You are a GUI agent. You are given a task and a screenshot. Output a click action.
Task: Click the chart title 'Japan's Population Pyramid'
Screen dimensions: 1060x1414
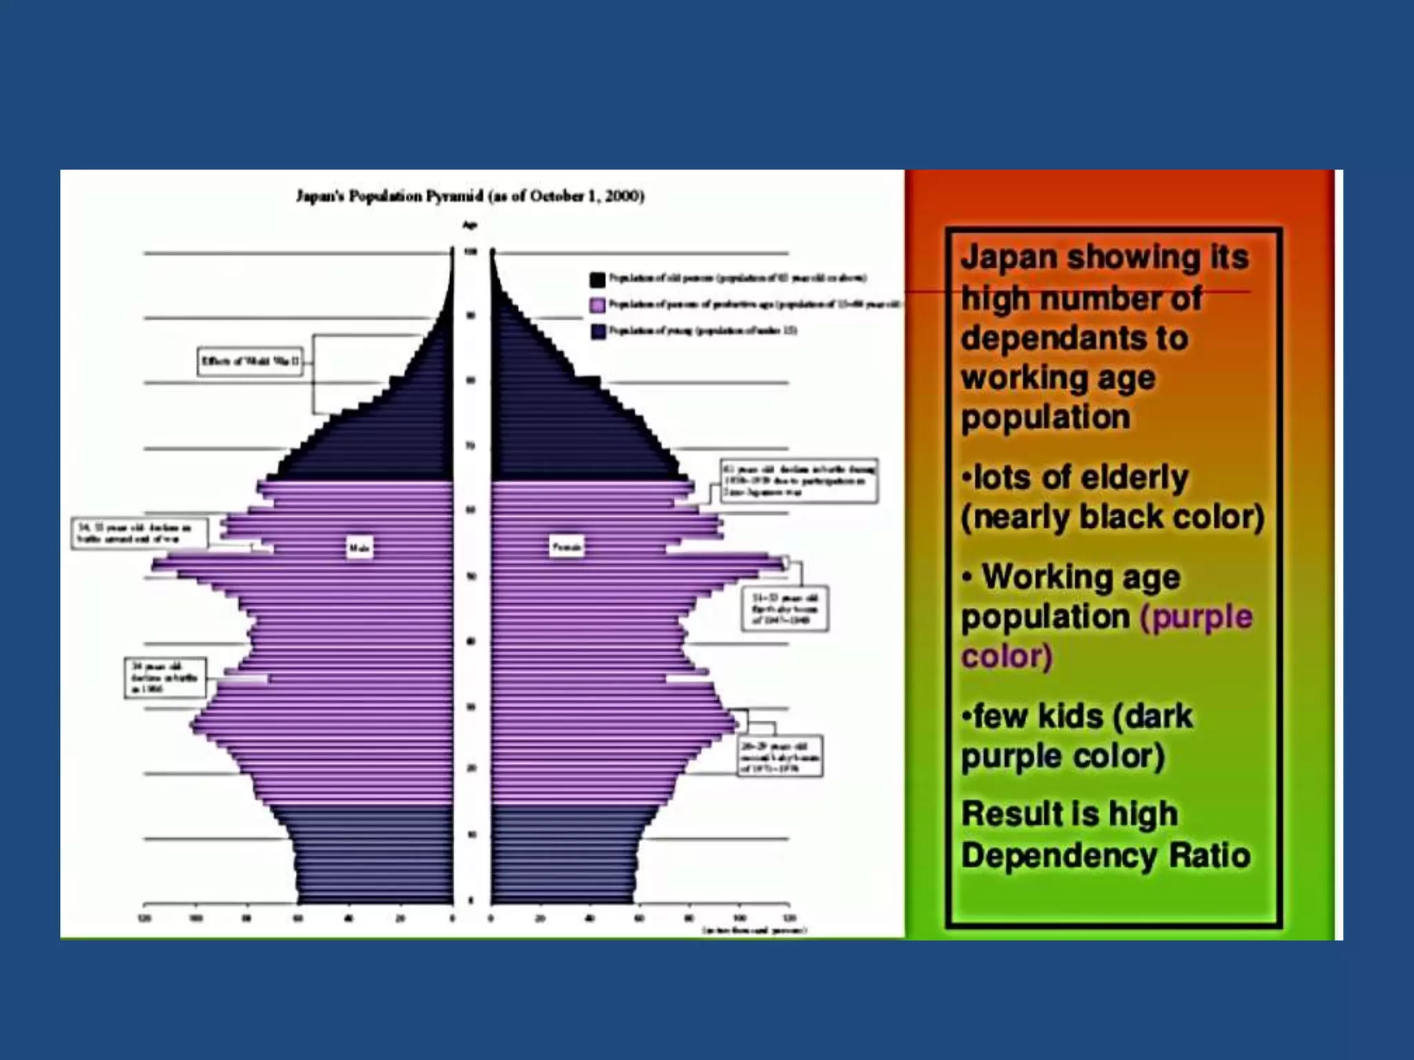[469, 197]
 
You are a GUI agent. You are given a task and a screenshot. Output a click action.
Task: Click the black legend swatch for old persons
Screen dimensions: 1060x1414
[598, 279]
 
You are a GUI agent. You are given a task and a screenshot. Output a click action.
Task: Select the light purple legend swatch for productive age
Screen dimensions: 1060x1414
[598, 305]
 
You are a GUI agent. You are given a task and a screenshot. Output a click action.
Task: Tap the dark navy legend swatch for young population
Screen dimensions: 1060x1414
[598, 331]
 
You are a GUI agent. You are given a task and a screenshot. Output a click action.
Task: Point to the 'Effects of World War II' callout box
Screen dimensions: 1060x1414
[250, 361]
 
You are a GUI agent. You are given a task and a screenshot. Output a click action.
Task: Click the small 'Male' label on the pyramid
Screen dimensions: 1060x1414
[359, 548]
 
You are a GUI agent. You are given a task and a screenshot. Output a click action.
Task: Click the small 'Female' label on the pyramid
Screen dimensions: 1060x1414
[566, 547]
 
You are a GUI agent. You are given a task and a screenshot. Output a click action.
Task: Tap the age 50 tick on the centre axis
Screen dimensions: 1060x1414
[472, 576]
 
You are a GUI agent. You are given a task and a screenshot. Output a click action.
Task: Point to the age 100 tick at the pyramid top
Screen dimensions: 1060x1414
[472, 253]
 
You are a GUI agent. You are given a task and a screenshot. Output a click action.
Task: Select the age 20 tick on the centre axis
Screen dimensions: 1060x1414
[472, 768]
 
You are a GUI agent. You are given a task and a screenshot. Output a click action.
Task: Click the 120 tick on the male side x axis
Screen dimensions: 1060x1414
[144, 919]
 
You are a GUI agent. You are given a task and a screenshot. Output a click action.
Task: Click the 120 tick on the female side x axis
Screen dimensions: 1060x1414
[789, 919]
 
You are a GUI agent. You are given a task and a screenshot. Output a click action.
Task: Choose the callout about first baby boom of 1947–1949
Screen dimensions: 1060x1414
[785, 609]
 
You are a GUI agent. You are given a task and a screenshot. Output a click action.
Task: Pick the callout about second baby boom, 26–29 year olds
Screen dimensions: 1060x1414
[780, 756]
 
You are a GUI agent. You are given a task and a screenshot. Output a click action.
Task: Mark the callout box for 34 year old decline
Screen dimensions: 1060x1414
[165, 677]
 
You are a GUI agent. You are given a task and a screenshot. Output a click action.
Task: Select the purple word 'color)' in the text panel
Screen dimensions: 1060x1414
[1007, 656]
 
